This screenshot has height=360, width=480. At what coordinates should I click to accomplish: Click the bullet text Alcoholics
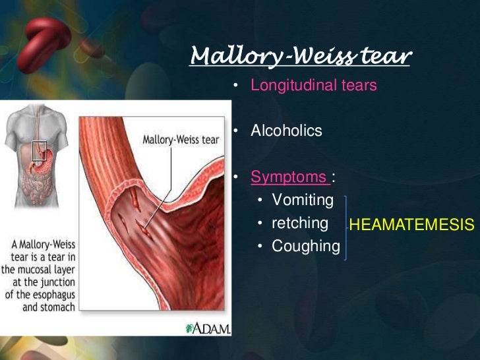[286, 131]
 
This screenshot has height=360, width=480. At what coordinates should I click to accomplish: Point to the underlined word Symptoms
[288, 177]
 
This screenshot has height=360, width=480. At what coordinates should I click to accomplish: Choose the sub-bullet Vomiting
[303, 200]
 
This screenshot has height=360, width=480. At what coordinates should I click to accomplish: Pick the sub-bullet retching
[300, 223]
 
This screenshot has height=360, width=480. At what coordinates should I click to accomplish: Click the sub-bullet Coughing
[305, 246]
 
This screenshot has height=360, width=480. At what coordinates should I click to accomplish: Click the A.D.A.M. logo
[209, 328]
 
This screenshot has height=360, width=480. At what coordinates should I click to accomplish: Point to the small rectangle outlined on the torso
[40, 150]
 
